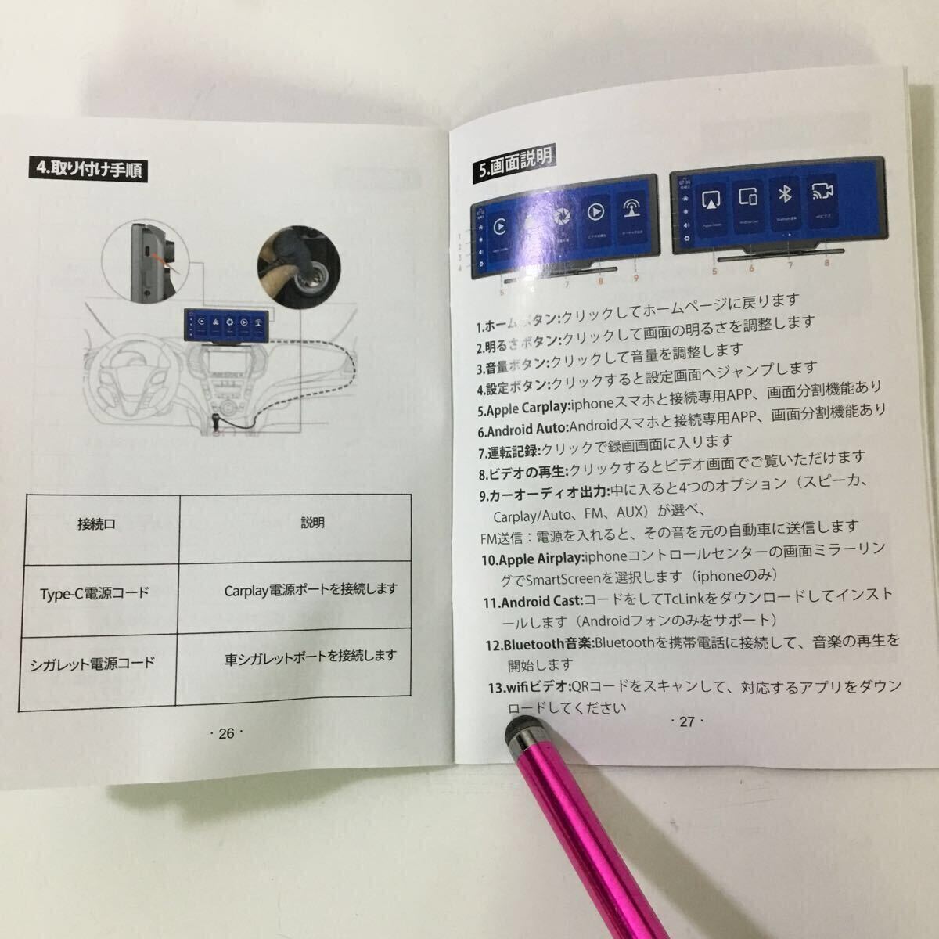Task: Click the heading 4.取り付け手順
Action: (88, 168)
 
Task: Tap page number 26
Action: (226, 733)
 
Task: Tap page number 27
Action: (686, 721)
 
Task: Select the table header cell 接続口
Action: (96, 524)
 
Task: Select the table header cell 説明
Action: (312, 523)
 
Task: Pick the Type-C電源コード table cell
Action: (94, 592)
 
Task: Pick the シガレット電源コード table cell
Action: (92, 664)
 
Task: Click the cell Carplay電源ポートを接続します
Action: (311, 589)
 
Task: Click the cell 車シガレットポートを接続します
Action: (310, 657)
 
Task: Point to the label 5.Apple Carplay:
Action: (524, 408)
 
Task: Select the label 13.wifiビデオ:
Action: (528, 688)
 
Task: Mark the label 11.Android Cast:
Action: (532, 602)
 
